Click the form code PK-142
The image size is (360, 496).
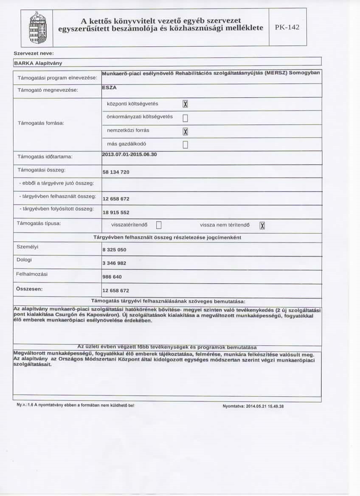(x=287, y=28)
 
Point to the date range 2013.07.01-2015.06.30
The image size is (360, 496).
(x=129, y=154)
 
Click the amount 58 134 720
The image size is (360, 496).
(x=116, y=172)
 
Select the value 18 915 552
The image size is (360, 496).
(x=116, y=212)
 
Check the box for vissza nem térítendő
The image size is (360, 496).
(x=262, y=225)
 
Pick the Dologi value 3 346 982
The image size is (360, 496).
(x=114, y=263)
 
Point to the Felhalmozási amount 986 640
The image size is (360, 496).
(x=112, y=276)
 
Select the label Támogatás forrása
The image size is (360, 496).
(x=35, y=123)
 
